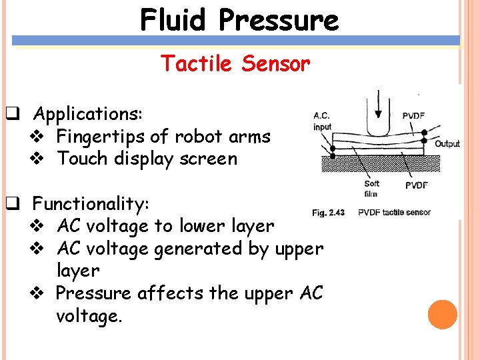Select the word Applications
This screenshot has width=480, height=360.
(x=87, y=114)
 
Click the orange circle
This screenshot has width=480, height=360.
(x=443, y=315)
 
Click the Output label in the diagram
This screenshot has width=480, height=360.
(x=447, y=143)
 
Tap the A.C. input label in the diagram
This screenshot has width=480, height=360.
(x=322, y=121)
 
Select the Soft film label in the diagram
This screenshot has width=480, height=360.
(x=371, y=189)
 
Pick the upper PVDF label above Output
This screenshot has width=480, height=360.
(x=413, y=115)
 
